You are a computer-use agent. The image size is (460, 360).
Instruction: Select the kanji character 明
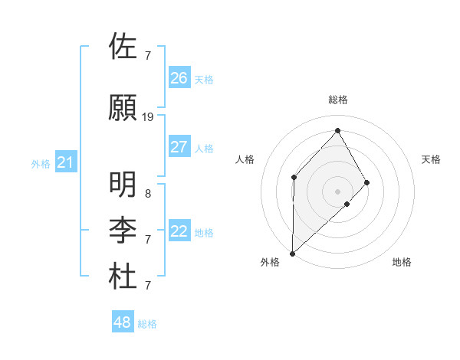[x=124, y=185]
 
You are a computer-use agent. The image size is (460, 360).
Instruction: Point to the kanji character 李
[x=124, y=231]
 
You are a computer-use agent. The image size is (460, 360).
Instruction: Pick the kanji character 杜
[x=124, y=277]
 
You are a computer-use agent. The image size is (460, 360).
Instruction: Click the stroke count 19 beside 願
[x=148, y=117]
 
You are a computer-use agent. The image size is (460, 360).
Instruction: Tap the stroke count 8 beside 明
[x=148, y=194]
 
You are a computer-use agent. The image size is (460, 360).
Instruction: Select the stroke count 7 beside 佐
[x=148, y=56]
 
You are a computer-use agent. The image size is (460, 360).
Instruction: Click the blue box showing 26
[x=179, y=77]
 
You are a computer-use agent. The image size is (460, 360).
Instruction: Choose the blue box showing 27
[x=179, y=147]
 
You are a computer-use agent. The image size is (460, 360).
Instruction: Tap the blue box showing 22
[x=179, y=231]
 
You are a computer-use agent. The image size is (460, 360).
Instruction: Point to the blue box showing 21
[x=65, y=162]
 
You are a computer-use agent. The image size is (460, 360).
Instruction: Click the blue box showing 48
[x=122, y=322]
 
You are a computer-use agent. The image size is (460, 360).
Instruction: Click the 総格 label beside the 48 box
[x=147, y=324]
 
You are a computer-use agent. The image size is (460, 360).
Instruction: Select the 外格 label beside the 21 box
[x=40, y=163]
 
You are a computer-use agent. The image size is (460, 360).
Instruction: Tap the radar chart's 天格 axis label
[x=431, y=159]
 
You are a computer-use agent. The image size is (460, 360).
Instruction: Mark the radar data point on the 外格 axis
[x=292, y=253]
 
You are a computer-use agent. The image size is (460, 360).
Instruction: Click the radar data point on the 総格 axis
[x=337, y=130]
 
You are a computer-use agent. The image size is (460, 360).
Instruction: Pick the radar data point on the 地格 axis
[x=347, y=204]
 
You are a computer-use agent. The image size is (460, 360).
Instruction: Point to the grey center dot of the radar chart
[x=337, y=190]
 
